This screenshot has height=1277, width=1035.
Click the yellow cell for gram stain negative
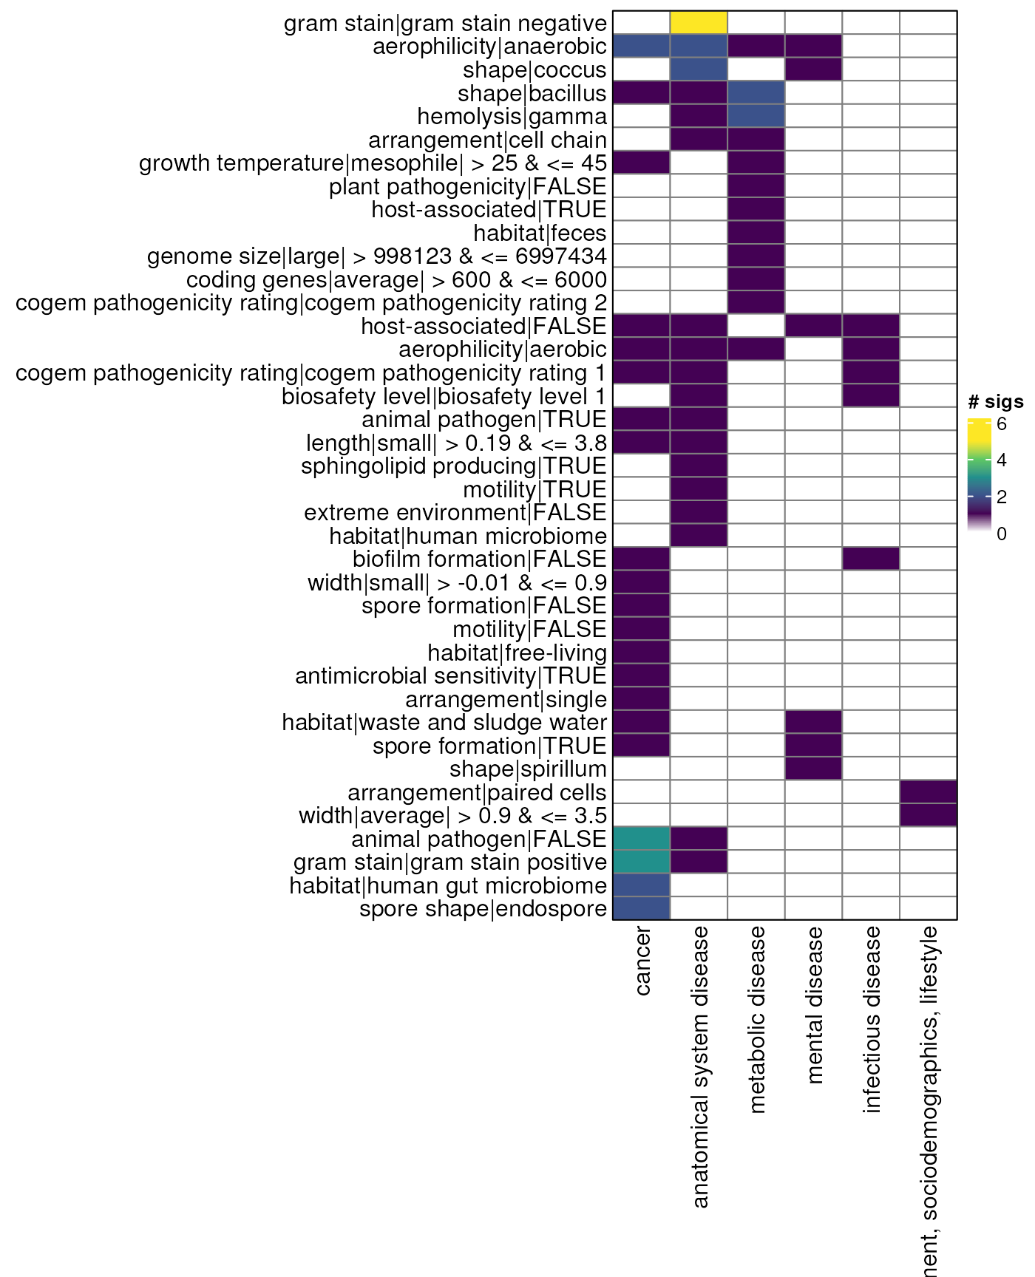tap(699, 23)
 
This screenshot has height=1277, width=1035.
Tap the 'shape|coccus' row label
tap(535, 70)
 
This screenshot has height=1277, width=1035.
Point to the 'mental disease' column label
tap(813, 1005)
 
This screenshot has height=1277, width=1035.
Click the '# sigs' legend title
tap(995, 402)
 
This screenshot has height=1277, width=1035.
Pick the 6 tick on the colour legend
tap(1001, 424)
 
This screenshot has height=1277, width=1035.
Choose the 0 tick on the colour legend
tap(1001, 534)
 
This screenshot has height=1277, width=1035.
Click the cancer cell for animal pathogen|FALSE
tap(642, 839)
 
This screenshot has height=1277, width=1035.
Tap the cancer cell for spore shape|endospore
tap(642, 908)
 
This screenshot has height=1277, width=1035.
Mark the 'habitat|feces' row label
tap(540, 234)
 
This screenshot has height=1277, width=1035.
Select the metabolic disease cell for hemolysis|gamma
tap(756, 117)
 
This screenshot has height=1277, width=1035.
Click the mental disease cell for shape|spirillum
tap(813, 769)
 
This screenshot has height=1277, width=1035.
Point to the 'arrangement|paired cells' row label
tap(477, 793)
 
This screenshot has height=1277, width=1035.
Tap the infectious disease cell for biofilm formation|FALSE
tap(871, 559)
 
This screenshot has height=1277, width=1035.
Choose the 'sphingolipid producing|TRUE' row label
tap(453, 466)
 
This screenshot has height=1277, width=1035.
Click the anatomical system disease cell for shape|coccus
tap(699, 70)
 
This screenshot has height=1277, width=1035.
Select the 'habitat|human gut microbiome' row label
tap(448, 885)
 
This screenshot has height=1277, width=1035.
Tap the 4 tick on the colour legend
tap(1001, 460)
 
